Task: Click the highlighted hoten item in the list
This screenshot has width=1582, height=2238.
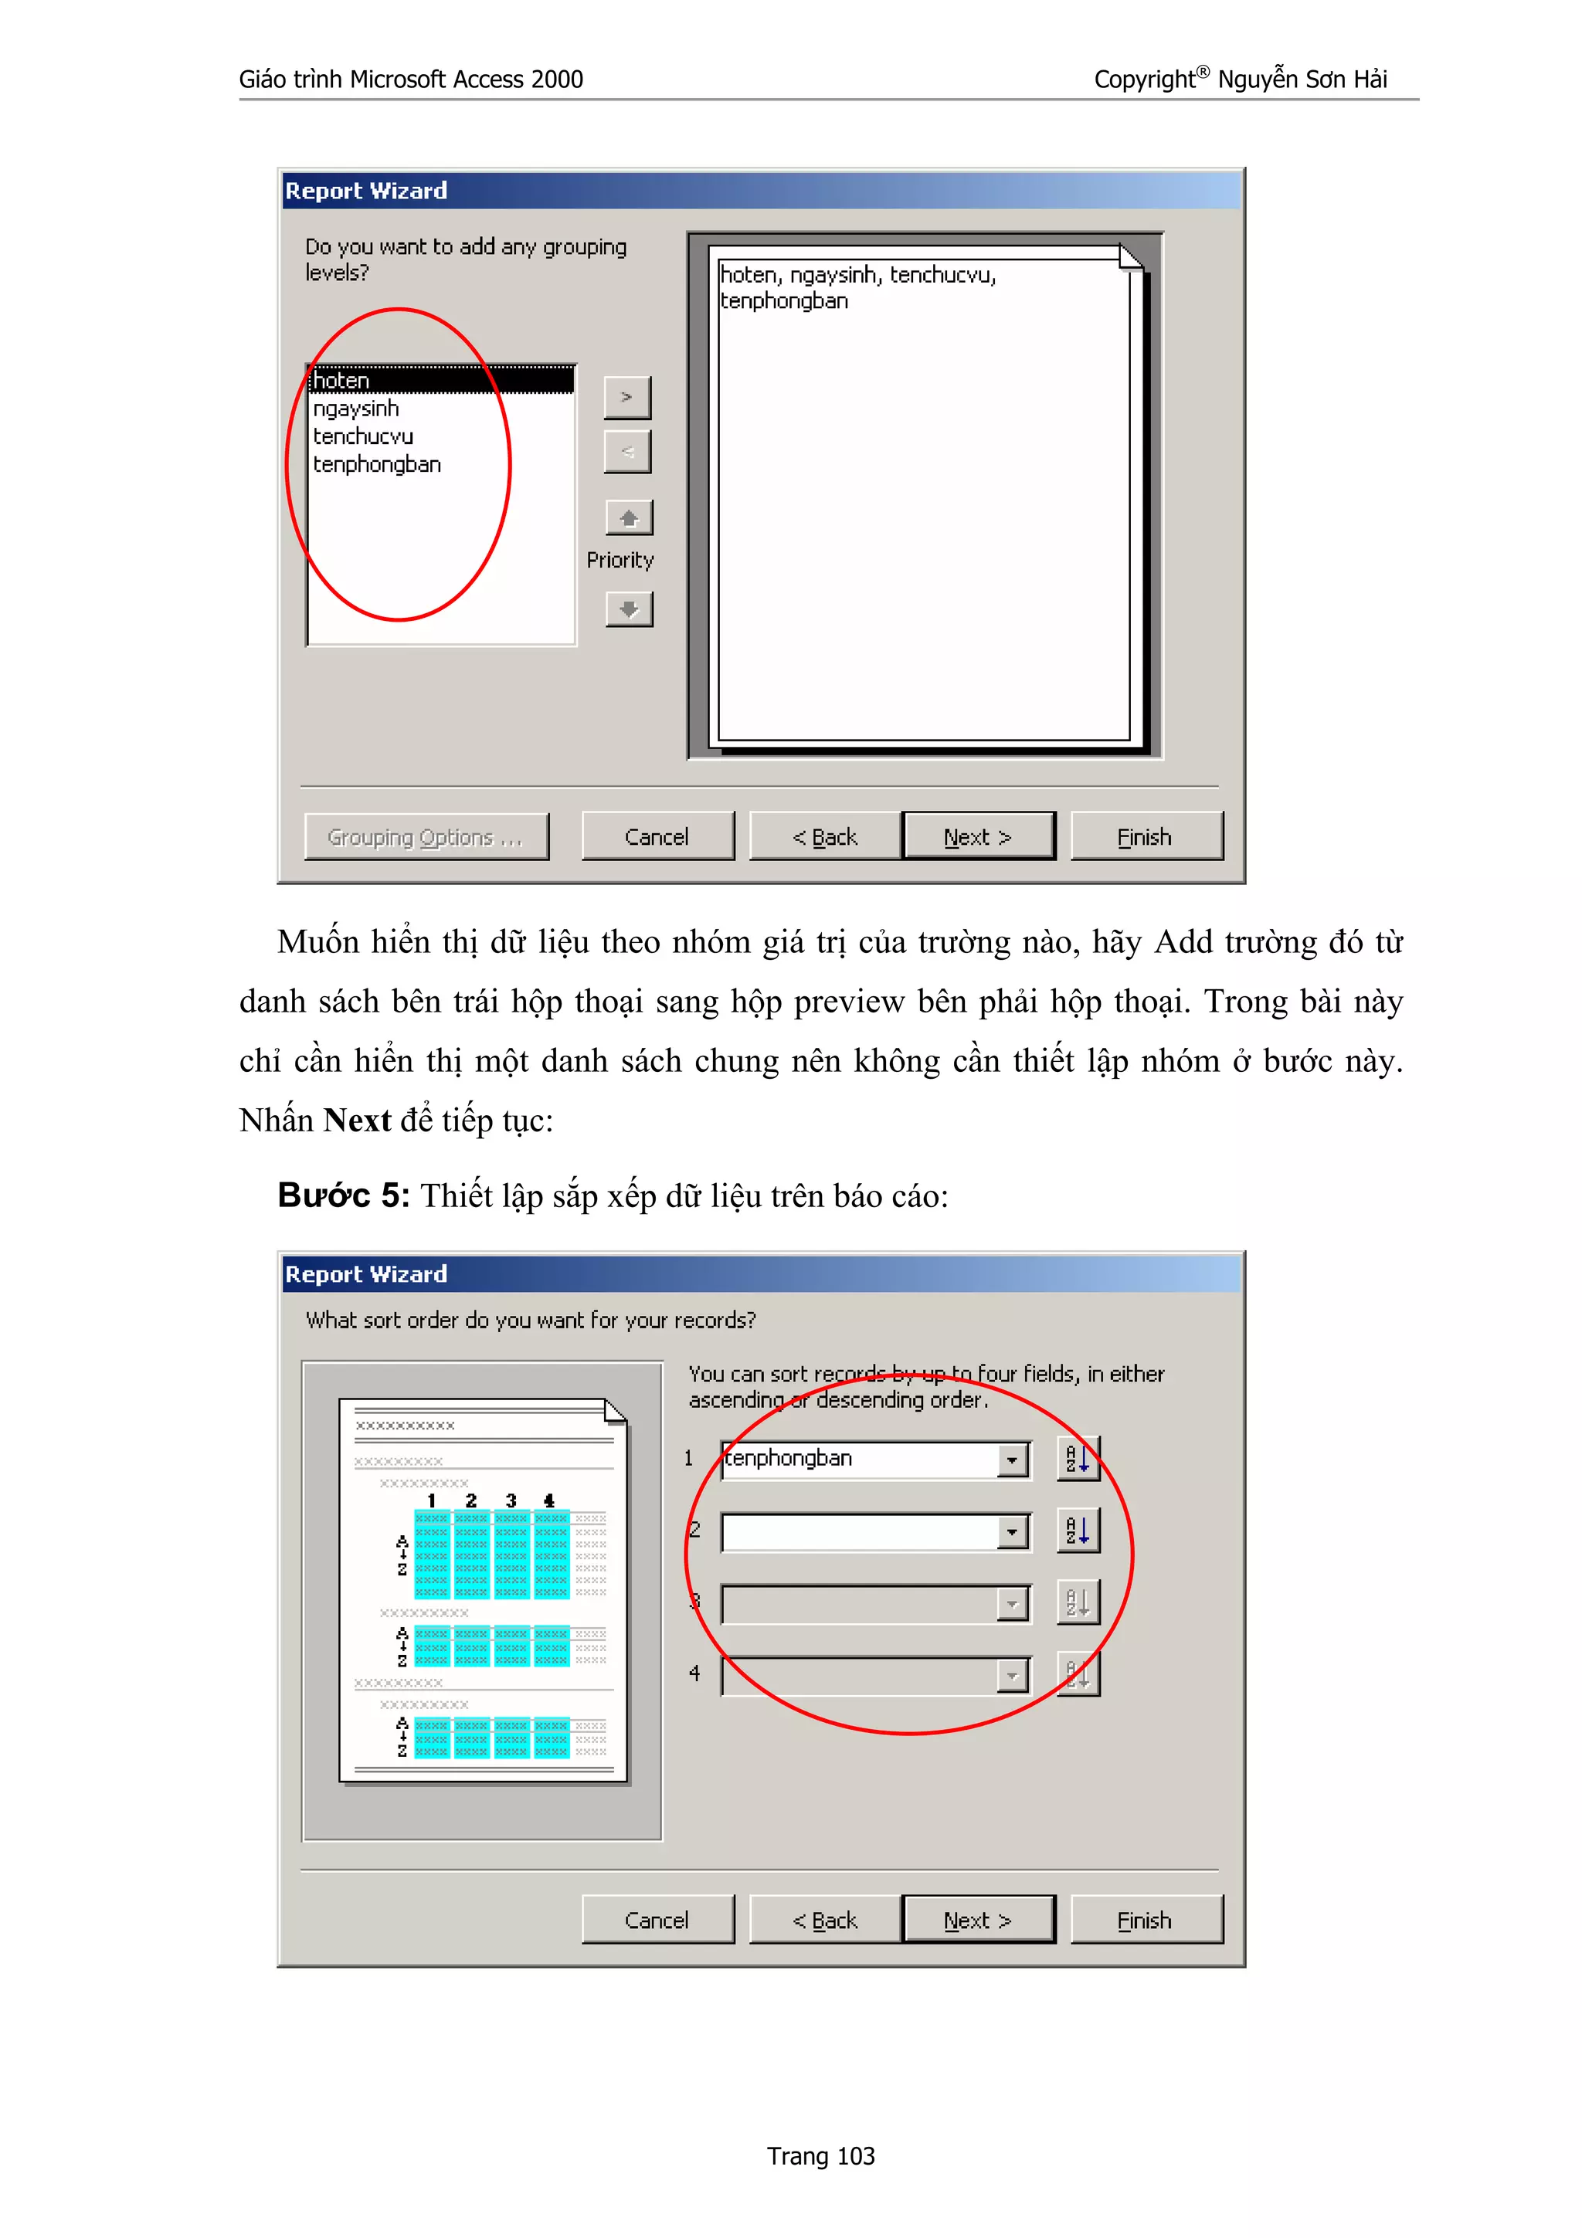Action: [x=440, y=380]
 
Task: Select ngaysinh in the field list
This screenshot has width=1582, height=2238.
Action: [x=357, y=409]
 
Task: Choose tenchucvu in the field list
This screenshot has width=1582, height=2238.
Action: [x=364, y=436]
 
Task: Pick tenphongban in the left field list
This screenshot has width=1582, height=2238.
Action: [x=377, y=465]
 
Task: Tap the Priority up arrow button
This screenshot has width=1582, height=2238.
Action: [x=629, y=517]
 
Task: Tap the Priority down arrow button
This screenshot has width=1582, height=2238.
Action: [x=629, y=609]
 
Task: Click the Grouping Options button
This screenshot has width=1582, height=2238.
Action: [x=426, y=836]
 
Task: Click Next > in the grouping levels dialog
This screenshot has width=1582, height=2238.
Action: [x=978, y=836]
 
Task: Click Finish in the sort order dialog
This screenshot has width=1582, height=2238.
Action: [x=1146, y=1921]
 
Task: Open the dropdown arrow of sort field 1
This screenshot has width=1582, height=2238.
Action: [x=1012, y=1460]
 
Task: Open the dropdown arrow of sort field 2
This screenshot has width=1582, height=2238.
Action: [x=1012, y=1532]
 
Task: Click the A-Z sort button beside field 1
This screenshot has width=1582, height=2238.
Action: [x=1078, y=1460]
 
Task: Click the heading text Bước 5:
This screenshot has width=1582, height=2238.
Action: [x=343, y=1195]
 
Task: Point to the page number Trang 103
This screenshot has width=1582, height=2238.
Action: [x=820, y=2156]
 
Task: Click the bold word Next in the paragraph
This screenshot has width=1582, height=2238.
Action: [x=357, y=1121]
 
